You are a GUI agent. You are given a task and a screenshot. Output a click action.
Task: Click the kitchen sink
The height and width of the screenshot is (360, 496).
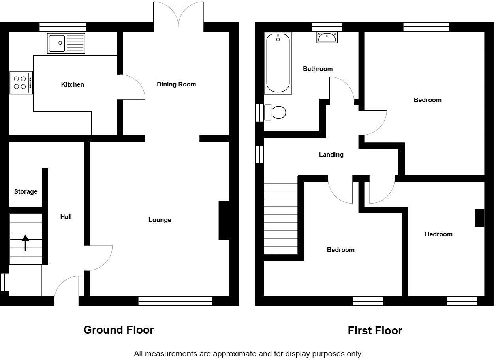point(66,43)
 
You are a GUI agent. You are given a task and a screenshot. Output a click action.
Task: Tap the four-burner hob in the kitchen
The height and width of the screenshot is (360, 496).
point(21,82)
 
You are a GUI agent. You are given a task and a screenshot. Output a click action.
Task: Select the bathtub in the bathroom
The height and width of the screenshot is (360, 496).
point(278,63)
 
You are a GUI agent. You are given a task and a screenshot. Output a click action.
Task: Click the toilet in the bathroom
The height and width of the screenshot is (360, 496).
point(275,112)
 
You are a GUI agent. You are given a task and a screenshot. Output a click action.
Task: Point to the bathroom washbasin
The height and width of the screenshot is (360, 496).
point(327,37)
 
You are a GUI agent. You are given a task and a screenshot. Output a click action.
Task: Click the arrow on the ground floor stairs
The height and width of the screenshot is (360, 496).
point(25,243)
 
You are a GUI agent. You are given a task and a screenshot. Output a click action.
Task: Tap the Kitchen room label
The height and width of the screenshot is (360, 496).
point(73,84)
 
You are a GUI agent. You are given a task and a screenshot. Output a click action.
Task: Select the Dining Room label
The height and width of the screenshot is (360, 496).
point(176,84)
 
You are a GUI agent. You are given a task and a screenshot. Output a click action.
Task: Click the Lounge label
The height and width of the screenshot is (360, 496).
point(160,220)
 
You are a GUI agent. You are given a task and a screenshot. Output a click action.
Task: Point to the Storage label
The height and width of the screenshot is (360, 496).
point(26,191)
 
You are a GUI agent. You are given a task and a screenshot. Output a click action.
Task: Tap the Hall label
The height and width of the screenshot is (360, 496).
point(66,217)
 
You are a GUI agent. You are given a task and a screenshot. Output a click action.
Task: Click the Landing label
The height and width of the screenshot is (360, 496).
point(331,154)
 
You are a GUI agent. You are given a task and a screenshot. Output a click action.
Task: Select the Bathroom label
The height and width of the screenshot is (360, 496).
point(318,69)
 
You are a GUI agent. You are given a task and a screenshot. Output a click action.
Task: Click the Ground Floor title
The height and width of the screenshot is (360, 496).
point(118,330)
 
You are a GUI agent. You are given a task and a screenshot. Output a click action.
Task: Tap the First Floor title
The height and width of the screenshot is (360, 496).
point(375,330)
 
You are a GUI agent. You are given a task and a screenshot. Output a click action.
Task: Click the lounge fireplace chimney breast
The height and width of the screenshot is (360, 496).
point(224,220)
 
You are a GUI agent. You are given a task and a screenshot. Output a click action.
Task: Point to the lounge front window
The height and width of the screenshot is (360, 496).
point(175,302)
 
